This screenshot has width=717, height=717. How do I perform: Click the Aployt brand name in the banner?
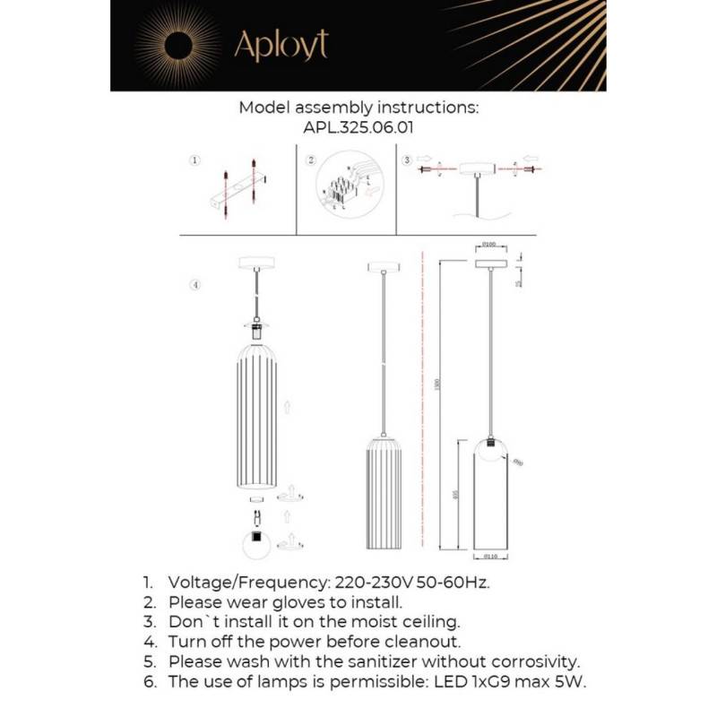[x=281, y=45]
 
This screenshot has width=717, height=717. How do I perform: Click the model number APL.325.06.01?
[x=358, y=127]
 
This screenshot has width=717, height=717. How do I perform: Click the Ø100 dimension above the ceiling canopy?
[x=489, y=244]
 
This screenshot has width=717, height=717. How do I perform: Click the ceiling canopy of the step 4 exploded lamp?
[x=256, y=263]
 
